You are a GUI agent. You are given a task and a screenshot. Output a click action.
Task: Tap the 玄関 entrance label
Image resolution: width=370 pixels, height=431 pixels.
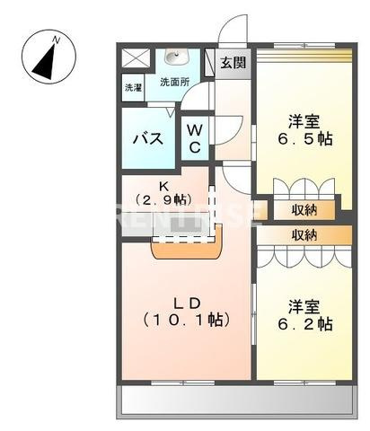pyautogui.click(x=233, y=62)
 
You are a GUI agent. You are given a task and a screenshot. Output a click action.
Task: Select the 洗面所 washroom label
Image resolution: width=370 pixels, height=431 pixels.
pyautogui.click(x=175, y=82)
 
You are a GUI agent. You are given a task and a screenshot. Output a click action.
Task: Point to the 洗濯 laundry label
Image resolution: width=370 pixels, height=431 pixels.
pyautogui.click(x=133, y=88)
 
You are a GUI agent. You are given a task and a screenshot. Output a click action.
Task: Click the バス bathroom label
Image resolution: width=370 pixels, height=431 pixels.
pyautogui.click(x=147, y=139)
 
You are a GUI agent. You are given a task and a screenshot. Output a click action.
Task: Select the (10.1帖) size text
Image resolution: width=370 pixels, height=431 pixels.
pyautogui.click(x=186, y=320)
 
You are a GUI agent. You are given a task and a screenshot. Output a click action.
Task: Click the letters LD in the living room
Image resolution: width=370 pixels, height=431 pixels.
pyautogui.click(x=186, y=302)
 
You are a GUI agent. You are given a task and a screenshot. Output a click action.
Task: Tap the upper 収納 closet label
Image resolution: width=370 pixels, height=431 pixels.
pyautogui.click(x=304, y=211)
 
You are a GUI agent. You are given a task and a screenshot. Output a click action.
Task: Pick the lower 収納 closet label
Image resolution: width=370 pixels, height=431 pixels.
pyautogui.click(x=304, y=234)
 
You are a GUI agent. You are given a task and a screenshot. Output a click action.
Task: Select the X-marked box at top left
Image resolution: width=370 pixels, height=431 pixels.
pyautogui.click(x=134, y=58)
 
